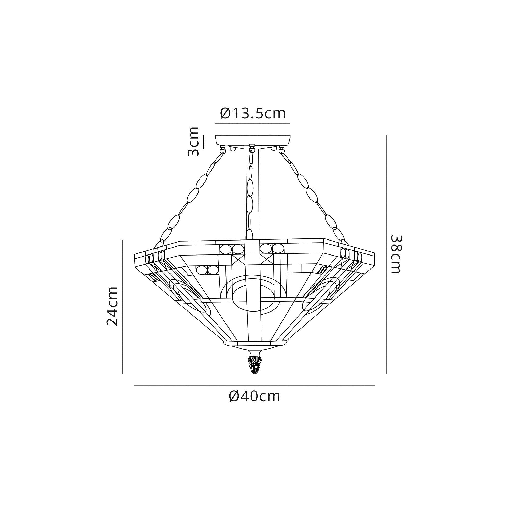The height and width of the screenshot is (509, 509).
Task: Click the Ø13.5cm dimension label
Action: pyautogui.click(x=253, y=114)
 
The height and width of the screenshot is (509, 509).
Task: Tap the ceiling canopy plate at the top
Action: pyautogui.click(x=253, y=140)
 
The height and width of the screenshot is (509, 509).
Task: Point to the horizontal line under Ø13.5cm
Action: pyautogui.click(x=253, y=123)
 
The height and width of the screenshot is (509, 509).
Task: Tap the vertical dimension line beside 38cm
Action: pyautogui.click(x=387, y=254)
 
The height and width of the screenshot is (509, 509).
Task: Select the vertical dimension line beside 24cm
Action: pyautogui.click(x=122, y=306)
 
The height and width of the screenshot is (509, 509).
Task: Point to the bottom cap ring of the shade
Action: pyautogui.click(x=255, y=344)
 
